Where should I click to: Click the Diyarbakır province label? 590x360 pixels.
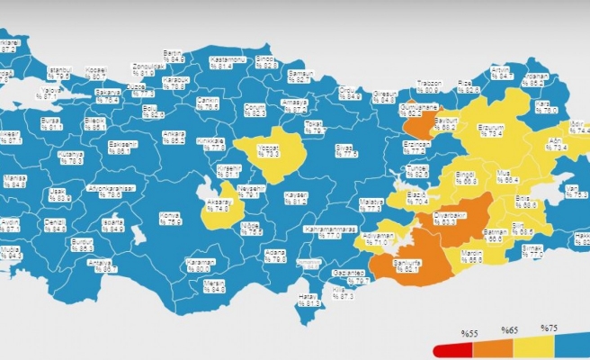[445, 219]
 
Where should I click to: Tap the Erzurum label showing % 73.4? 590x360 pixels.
[490, 131]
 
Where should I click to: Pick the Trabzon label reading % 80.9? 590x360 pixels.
[430, 86]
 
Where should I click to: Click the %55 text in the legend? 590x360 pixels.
[469, 334]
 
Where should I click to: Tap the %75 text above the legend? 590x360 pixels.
[549, 327]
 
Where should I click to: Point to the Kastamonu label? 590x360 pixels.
[221, 62]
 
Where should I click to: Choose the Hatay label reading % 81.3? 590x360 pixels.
[308, 301]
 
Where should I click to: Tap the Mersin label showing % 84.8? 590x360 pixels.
[215, 287]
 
